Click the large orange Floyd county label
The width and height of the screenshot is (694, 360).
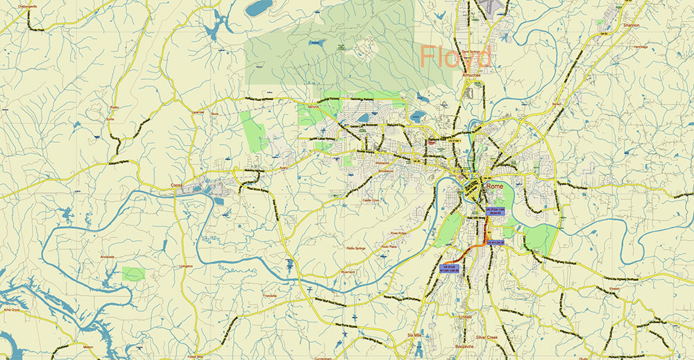click(456, 56)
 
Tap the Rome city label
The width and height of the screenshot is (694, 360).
click(494, 187)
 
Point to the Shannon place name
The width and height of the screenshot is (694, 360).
click(630, 25)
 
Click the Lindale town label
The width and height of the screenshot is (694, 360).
click(465, 316)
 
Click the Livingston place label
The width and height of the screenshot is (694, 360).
click(185, 266)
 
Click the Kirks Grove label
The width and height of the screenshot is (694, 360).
click(12, 309)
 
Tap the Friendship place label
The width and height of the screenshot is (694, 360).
click(270, 295)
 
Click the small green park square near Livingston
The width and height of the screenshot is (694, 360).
click(133, 274)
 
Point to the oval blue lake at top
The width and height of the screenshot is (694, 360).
click(259, 8)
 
